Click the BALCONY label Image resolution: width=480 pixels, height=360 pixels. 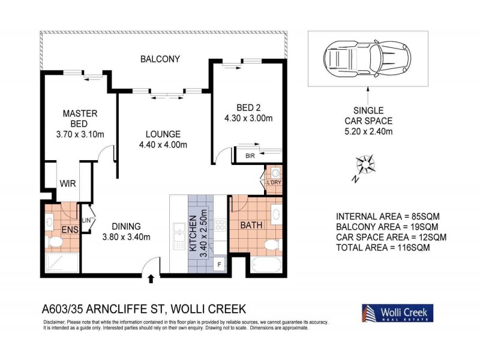point(160,59)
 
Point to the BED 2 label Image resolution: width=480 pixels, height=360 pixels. point(248,113)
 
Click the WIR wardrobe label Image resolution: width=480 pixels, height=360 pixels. point(67,184)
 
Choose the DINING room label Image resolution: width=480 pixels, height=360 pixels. point(126,231)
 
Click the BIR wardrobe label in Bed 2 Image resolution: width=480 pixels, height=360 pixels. point(250,156)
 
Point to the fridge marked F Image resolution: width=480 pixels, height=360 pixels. point(220,263)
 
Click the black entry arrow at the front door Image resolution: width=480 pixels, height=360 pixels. point(150,278)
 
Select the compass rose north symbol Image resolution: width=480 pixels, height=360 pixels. point(365,164)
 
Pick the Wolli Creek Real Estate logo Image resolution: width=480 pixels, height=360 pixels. point(397,313)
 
